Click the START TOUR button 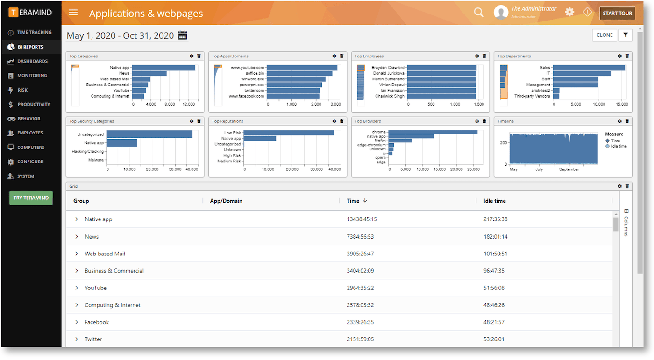tap(617, 13)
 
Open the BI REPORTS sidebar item tap(30, 47)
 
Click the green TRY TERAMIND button tap(31, 198)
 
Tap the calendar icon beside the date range tap(183, 35)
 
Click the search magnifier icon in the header tap(479, 13)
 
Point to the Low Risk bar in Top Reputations tap(289, 133)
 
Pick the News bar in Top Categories tap(149, 73)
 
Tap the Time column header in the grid tap(353, 201)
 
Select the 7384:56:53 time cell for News tap(360, 237)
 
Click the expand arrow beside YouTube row tap(77, 288)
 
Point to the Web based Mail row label tap(105, 254)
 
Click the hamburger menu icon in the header tap(73, 13)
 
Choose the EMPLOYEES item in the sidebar tap(30, 133)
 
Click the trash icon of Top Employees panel tap(484, 56)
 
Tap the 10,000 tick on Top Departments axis tap(599, 104)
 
